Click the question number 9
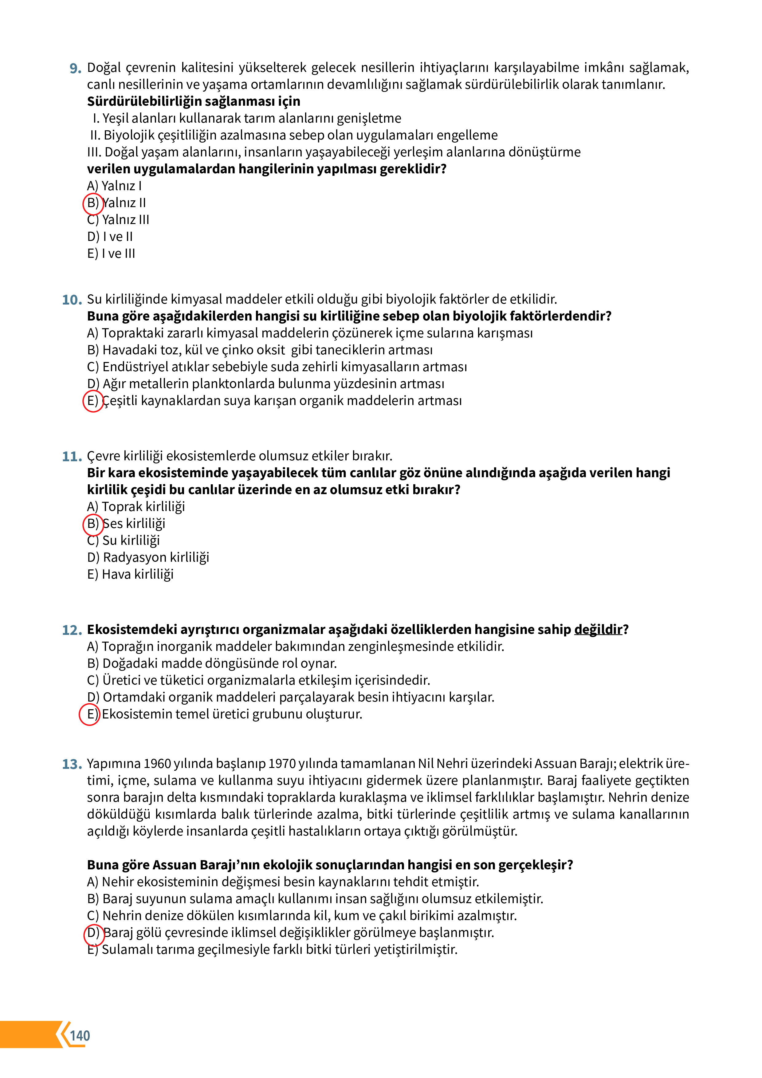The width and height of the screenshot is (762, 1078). [x=75, y=69]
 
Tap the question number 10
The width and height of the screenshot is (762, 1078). [x=72, y=300]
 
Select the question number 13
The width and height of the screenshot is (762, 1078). [x=72, y=764]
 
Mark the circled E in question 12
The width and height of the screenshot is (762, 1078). [x=89, y=714]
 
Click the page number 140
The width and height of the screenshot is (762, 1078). [x=80, y=1036]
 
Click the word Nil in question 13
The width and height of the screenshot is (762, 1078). [x=426, y=764]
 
